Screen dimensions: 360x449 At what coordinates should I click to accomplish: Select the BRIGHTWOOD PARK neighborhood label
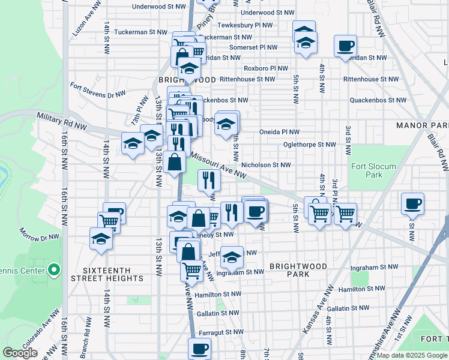(298, 270)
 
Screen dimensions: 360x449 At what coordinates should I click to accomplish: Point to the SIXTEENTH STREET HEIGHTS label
(107, 274)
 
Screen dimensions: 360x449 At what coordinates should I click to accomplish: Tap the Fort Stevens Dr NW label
(98, 90)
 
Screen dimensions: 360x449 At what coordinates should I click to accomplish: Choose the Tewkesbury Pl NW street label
(244, 25)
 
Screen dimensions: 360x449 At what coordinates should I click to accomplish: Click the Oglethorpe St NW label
(310, 145)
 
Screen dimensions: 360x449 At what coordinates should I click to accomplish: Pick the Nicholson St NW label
(266, 164)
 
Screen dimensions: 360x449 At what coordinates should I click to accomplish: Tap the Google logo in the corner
(20, 353)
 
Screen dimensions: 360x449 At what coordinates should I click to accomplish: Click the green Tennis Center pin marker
(53, 270)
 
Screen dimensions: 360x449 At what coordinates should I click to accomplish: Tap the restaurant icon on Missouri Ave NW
(208, 178)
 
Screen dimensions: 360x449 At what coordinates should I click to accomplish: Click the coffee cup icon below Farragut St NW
(200, 347)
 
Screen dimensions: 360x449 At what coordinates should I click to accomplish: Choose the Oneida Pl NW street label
(279, 132)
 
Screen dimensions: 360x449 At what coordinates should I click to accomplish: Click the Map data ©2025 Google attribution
(411, 355)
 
